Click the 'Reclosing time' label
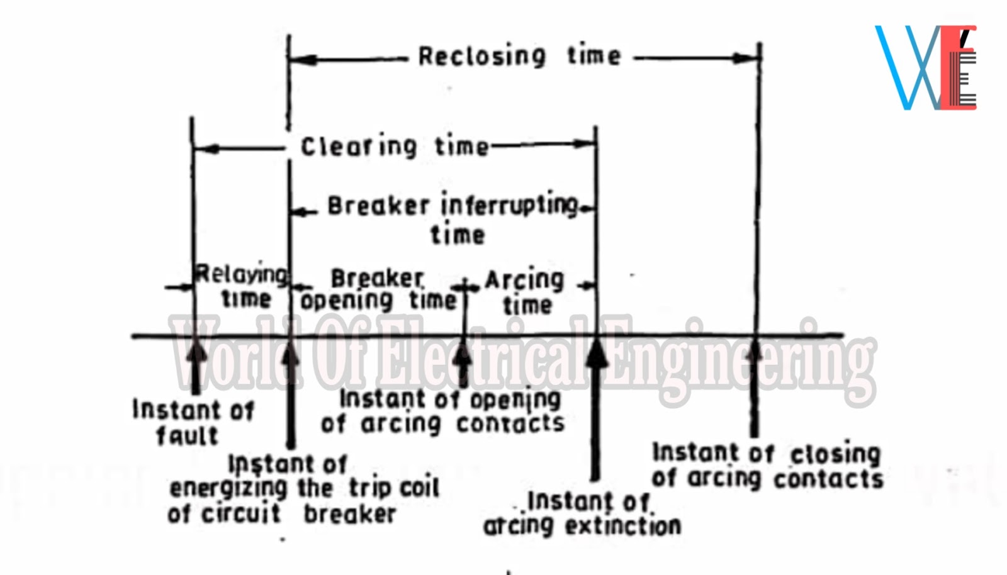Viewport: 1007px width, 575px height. click(520, 57)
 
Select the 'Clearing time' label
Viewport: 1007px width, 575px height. click(395, 147)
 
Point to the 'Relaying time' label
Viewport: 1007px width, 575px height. click(242, 286)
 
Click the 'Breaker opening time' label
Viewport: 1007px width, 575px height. click(378, 289)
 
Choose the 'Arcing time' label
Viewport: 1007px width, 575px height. click(526, 292)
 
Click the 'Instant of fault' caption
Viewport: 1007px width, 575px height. click(192, 422)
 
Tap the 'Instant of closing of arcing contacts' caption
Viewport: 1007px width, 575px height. click(767, 466)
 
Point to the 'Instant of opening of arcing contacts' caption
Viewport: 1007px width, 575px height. click(443, 411)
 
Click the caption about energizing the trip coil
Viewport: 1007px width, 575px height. click(303, 489)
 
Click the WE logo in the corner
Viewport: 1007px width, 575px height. click(926, 68)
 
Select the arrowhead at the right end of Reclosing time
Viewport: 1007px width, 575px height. click(746, 59)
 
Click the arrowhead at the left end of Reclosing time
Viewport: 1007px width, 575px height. click(302, 60)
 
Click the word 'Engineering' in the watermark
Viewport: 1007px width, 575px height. click(736, 359)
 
